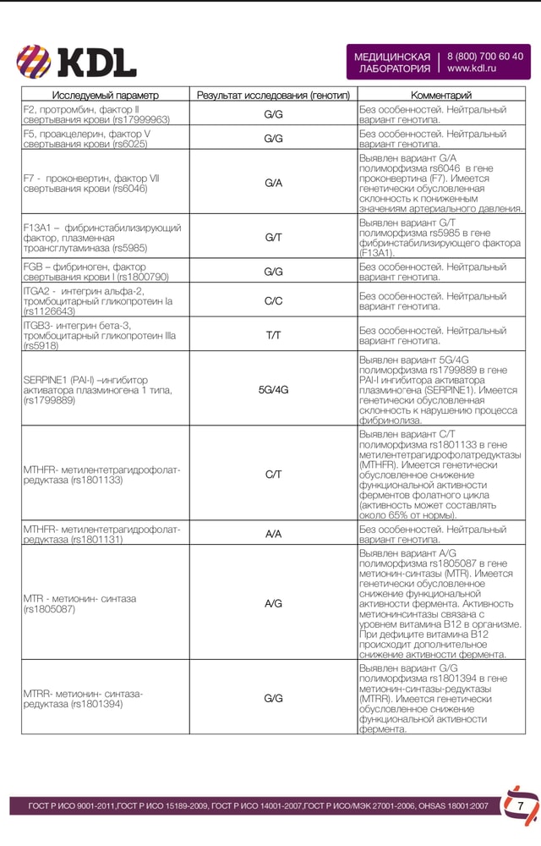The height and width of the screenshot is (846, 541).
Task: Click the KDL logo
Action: point(77,61)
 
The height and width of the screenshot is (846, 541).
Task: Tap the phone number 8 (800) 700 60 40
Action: point(484,56)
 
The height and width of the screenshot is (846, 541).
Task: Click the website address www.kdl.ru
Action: point(471,69)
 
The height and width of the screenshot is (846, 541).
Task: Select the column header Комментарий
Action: point(440,96)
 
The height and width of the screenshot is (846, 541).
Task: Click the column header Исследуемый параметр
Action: point(105,96)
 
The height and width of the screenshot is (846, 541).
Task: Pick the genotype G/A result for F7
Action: point(273,183)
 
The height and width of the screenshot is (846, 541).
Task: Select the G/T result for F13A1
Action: point(273,238)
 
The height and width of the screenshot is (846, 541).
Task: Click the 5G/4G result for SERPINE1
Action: point(273,389)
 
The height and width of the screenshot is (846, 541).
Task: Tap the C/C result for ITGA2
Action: point(273,300)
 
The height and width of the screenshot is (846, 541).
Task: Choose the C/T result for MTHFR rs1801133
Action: point(273,475)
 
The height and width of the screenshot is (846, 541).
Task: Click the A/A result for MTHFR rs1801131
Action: point(273,534)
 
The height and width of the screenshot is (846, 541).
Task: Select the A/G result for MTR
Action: point(273,603)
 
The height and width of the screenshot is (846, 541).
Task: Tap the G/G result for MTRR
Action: point(273,698)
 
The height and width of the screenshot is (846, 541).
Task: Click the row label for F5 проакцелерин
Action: point(87,139)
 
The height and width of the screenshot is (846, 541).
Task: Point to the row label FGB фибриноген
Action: point(96,272)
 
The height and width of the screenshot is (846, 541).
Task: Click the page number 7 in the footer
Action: point(521,806)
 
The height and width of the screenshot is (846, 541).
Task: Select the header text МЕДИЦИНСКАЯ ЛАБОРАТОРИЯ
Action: point(392,62)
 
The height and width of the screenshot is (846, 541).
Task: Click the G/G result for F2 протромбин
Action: point(273,114)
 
